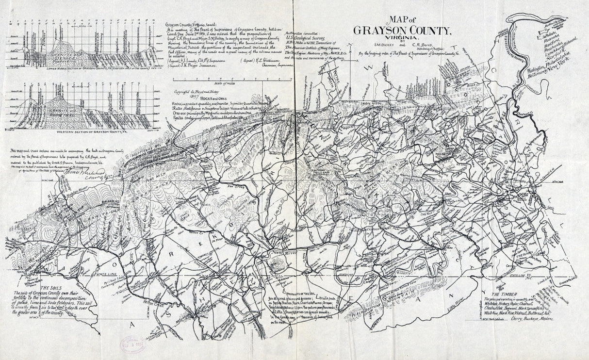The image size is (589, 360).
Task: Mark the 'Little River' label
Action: [457, 306]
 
